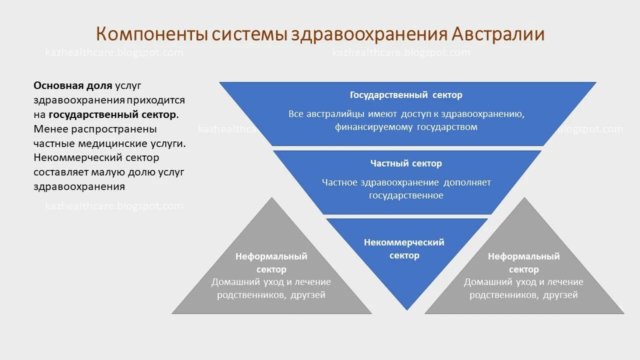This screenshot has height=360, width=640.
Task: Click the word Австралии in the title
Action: click(498, 34)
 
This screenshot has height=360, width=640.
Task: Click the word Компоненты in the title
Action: click(150, 34)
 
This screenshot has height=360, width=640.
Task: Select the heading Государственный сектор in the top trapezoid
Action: click(406, 95)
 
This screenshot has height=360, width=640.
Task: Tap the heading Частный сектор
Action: click(406, 163)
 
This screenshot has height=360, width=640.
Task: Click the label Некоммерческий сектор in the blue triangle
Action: click(404, 248)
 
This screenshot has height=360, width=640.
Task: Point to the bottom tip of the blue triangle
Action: click(407, 309)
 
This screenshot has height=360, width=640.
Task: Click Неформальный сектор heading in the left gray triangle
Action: click(271, 263)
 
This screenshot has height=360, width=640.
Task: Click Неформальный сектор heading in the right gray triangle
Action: click(523, 263)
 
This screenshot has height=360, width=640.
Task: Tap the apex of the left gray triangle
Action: click(272, 199)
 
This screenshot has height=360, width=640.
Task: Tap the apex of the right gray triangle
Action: click(524, 199)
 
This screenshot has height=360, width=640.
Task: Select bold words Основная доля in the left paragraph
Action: click(73, 85)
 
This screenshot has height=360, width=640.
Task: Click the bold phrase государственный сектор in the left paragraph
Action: click(112, 114)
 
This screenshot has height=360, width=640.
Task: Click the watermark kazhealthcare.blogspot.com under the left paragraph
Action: click(114, 206)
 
